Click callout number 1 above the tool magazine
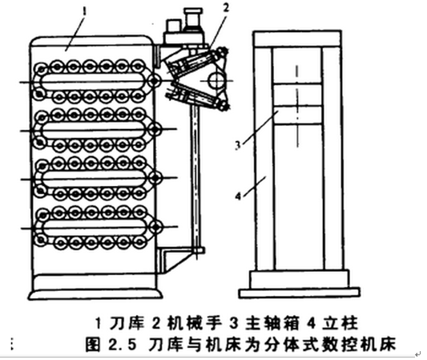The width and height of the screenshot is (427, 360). tap(84, 12)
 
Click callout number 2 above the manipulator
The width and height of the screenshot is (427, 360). tap(226, 9)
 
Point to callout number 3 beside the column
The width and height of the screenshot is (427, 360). tap(238, 145)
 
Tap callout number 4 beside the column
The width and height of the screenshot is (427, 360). tap(238, 196)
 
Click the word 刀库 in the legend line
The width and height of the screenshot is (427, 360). tap(127, 323)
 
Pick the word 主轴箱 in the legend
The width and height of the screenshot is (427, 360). tap(272, 323)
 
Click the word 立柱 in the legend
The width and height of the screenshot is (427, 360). tap(340, 323)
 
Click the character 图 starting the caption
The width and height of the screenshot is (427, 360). tap(93, 345)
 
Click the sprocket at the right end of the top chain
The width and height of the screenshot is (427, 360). tap(155, 81)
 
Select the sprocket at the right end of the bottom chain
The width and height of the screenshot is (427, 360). tap(155, 227)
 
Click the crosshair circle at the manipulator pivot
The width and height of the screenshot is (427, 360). tap(216, 81)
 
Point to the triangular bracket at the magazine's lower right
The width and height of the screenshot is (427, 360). tap(175, 259)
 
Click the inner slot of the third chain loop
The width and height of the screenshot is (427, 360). tap(95, 178)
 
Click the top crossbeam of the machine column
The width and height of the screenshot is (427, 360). tap(297, 39)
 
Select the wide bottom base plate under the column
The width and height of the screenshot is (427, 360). tap(300, 293)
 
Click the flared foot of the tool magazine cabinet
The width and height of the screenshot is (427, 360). tap(95, 295)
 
